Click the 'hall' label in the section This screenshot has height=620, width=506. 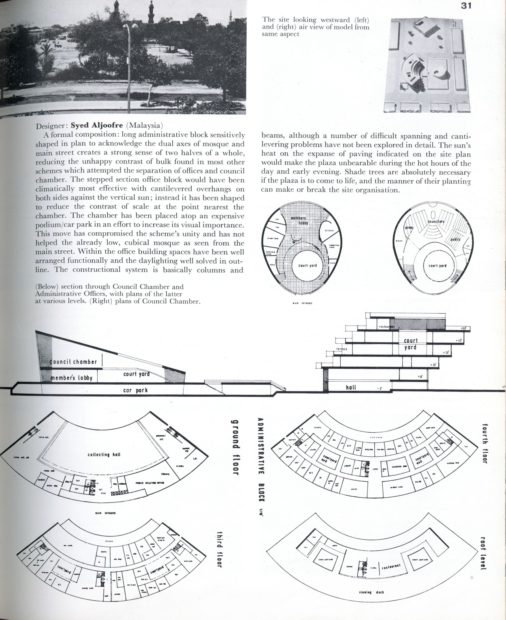click(351, 387)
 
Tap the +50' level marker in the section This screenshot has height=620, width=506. click(463, 328)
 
